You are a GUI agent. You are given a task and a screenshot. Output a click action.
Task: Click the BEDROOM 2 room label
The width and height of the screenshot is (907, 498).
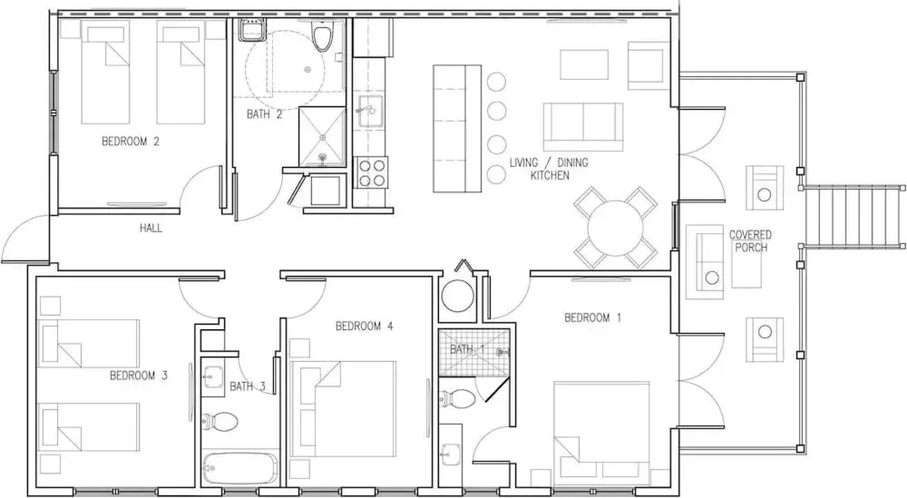130,141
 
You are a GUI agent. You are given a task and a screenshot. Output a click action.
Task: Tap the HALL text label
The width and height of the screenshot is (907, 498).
151,228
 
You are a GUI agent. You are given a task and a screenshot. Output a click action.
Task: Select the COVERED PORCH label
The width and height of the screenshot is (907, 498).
750,241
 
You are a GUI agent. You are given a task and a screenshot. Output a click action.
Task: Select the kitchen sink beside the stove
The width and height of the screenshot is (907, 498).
371,112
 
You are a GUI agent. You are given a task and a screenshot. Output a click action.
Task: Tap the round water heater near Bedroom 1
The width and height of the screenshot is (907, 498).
457,295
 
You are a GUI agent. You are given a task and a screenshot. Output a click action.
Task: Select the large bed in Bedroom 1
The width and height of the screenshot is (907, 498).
601,429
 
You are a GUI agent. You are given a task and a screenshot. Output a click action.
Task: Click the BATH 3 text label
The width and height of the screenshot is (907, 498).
248,386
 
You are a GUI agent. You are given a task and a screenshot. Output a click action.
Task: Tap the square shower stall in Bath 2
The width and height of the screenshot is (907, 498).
322,136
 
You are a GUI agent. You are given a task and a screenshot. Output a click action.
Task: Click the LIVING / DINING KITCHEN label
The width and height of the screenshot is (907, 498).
549,169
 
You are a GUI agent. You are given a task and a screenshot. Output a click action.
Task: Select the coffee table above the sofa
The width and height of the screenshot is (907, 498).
584,65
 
